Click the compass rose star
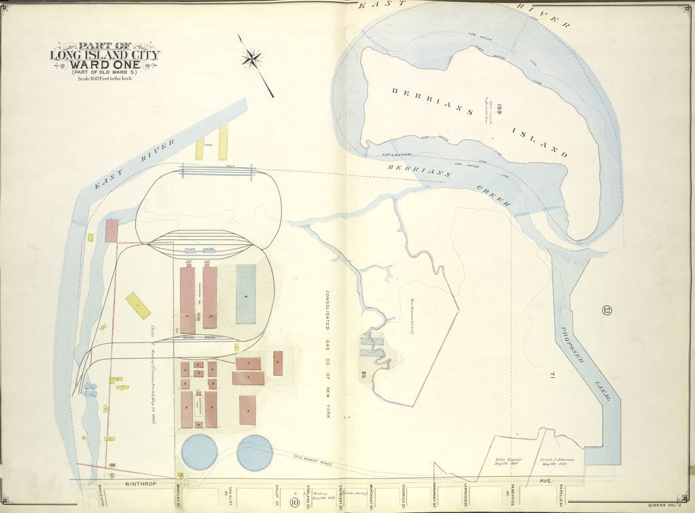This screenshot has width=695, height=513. coord(251,58)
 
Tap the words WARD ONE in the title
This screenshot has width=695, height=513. coord(105,65)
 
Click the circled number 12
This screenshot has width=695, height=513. coord(607,311)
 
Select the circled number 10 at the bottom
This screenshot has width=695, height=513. coord(294,503)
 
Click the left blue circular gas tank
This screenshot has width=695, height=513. coord(200,452)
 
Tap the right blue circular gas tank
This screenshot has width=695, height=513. coord(255,452)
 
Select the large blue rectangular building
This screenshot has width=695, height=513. coord(246,294)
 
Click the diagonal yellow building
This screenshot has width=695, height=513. coord(138,306)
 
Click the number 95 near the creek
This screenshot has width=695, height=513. coord(364,374)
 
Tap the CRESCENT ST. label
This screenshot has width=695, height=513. coord(340,498)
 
